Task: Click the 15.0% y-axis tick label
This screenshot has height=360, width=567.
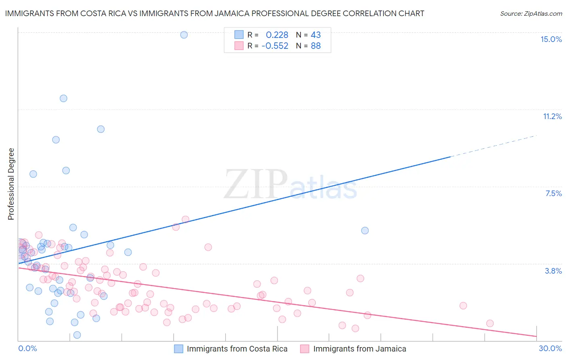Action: pos(551,39)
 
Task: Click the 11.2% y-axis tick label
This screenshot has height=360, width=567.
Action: pos(552,116)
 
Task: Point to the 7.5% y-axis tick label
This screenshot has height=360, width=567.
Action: pos(553,193)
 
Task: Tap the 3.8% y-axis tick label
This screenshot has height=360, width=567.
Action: pos(553,271)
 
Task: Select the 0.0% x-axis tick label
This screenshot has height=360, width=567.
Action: pos(27,348)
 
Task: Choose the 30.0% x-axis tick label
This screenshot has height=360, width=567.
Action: pos(550,348)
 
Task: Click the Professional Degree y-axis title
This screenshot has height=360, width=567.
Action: pos(11,184)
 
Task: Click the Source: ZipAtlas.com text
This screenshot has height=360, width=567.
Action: pos(531,13)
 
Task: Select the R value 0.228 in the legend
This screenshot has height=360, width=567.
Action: pos(277,35)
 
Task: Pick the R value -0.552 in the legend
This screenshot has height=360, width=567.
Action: pos(275,46)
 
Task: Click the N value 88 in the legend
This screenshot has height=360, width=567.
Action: pos(316,46)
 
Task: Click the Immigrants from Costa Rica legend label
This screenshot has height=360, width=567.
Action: pos(237,349)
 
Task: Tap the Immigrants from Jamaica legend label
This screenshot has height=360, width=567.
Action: pos(360,349)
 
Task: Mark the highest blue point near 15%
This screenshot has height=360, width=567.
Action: pos(184,35)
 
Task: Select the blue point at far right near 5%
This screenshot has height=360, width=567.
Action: pos(365,230)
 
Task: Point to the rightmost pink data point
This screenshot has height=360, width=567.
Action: pos(490,323)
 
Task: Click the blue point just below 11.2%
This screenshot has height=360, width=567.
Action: pos(101,129)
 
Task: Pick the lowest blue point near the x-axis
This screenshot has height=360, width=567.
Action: pos(77,335)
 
